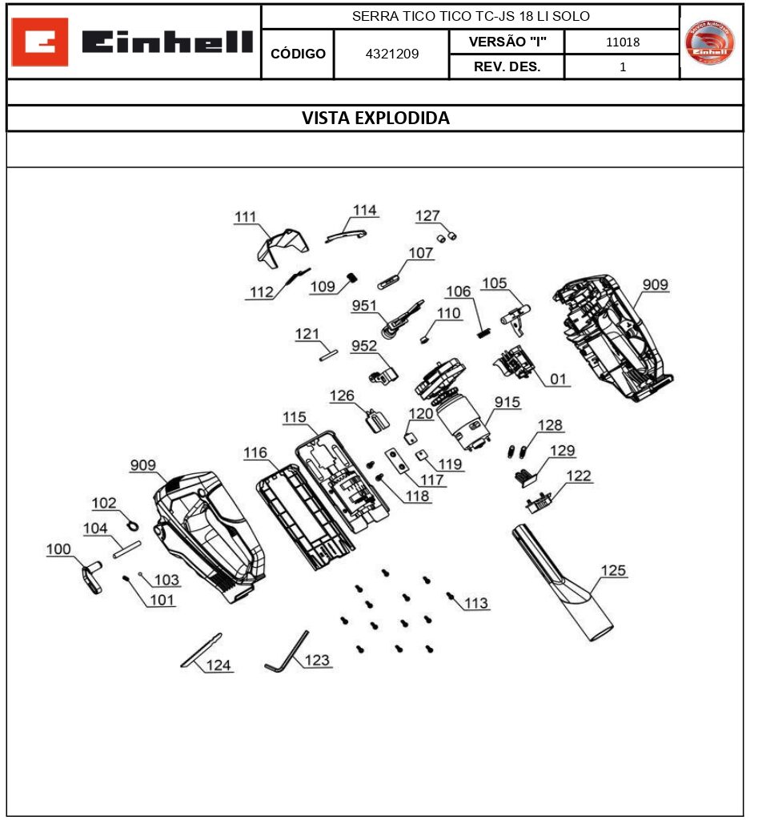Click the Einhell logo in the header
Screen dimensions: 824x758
click(134, 42)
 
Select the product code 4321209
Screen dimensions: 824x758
click(391, 54)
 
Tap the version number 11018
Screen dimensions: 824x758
click(622, 42)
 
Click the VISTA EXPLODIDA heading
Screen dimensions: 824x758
click(375, 119)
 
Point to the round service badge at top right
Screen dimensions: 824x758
click(710, 42)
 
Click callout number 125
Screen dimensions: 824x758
click(613, 571)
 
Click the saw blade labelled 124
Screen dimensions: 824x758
click(201, 649)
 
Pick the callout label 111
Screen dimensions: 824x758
click(246, 217)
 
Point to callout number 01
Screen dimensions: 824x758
click(557, 379)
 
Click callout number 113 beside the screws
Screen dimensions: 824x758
click(476, 603)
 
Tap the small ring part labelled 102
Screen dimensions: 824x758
click(133, 524)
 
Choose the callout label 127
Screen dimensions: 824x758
click(427, 215)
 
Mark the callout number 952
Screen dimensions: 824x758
click(363, 346)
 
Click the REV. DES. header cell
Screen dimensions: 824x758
click(507, 67)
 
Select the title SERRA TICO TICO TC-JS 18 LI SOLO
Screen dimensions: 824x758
click(471, 16)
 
